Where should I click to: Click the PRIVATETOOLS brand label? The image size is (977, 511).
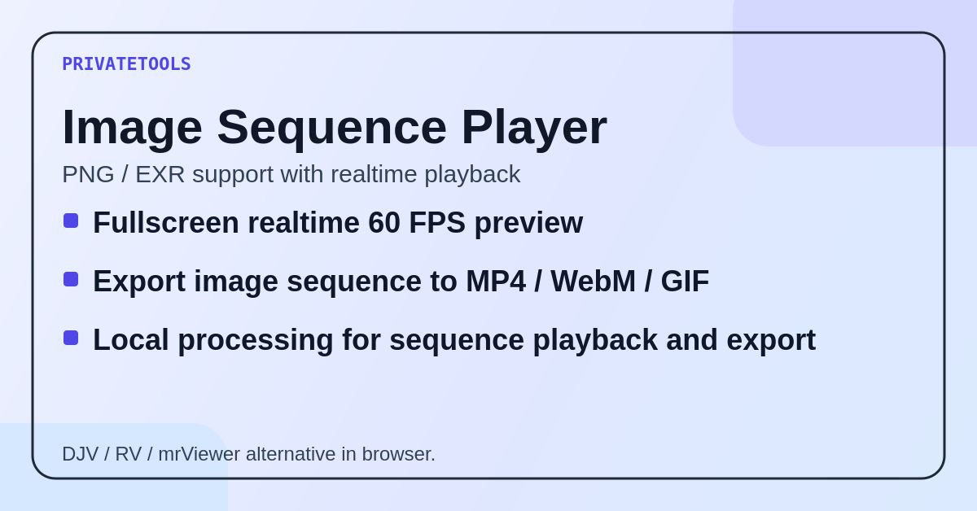pos(126,64)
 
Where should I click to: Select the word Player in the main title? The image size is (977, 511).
pos(533,128)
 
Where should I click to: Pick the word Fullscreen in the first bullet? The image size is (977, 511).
pos(165,223)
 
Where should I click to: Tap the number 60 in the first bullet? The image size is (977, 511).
pos(384,223)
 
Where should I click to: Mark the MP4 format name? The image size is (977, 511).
pos(496,282)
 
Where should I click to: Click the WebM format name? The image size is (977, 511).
pos(593,282)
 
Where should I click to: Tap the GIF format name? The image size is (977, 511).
pos(685,282)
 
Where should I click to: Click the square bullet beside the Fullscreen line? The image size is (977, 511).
pos(71,221)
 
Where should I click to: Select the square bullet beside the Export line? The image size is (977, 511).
pos(71,279)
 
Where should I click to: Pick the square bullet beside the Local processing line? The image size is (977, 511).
pos(71,338)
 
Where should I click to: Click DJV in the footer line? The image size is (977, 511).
pos(80,454)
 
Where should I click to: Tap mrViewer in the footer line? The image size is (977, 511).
pos(199,454)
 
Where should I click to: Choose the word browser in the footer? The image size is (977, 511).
pos(398,454)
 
